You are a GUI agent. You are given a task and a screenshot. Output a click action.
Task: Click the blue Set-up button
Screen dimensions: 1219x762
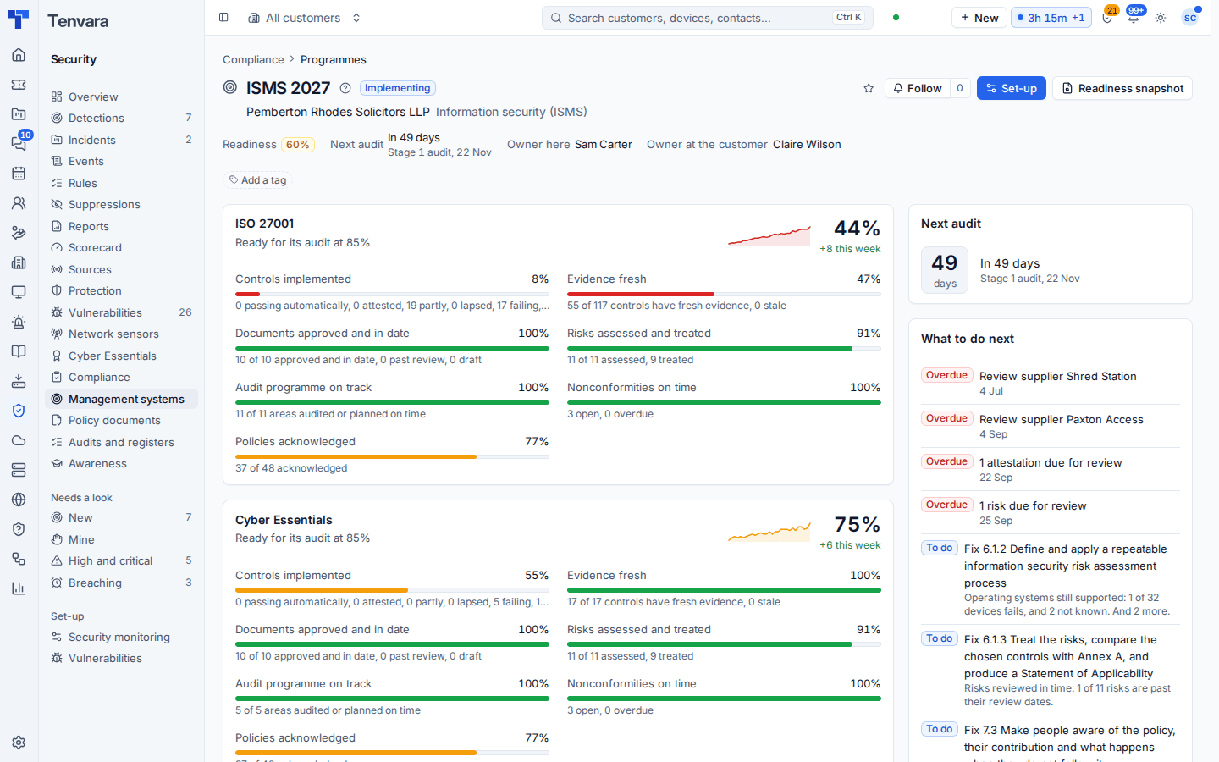1011,88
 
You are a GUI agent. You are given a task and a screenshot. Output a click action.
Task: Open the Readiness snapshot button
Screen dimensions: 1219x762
1122,88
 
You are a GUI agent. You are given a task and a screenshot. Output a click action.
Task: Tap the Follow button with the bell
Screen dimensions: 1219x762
918,88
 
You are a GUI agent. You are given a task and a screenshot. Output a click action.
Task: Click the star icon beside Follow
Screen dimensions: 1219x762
868,88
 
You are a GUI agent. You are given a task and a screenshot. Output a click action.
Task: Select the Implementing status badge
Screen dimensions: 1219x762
397,88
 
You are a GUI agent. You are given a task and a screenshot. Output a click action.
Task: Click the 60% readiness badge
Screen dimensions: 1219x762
298,144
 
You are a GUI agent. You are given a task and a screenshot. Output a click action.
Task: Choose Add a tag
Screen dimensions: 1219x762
257,180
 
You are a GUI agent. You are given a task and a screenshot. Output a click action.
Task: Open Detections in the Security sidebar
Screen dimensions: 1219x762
97,119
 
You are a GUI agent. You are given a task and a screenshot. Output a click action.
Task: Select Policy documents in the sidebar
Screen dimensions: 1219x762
114,420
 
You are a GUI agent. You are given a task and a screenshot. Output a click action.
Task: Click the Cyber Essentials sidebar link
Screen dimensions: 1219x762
112,356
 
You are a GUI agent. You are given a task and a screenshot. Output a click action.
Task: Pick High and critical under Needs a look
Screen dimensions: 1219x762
110,560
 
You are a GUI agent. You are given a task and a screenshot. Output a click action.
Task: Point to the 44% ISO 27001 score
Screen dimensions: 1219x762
857,228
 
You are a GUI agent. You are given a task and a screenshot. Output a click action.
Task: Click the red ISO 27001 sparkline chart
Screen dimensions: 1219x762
769,235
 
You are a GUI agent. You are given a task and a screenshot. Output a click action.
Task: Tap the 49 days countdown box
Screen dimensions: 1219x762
944,270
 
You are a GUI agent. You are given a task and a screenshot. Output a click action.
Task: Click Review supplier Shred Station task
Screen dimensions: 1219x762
1057,376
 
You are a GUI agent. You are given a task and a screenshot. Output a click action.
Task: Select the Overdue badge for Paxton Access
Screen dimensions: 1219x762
946,418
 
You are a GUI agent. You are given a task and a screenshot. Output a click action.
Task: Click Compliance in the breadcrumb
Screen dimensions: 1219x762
253,59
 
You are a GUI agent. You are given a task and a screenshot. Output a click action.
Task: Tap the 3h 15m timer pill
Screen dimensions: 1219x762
1051,18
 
